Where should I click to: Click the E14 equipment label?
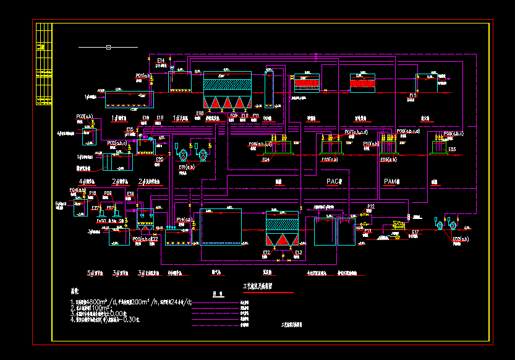161,59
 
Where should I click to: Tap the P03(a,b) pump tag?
85,116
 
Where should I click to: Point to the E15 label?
130,129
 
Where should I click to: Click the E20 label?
160,159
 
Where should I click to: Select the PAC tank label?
334,181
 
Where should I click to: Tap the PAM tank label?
392,181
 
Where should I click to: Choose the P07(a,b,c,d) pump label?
356,132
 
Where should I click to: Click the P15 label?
413,95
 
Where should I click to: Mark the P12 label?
371,206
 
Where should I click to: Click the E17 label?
415,233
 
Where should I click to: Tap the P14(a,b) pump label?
184,220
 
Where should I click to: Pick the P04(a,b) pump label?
77,190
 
